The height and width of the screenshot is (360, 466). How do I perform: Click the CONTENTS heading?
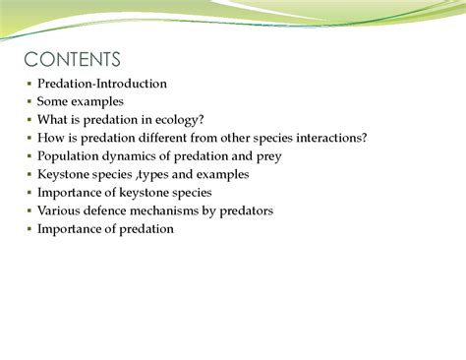[72, 60]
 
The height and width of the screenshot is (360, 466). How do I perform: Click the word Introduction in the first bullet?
[130, 84]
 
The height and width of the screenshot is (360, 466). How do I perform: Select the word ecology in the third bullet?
[179, 120]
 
